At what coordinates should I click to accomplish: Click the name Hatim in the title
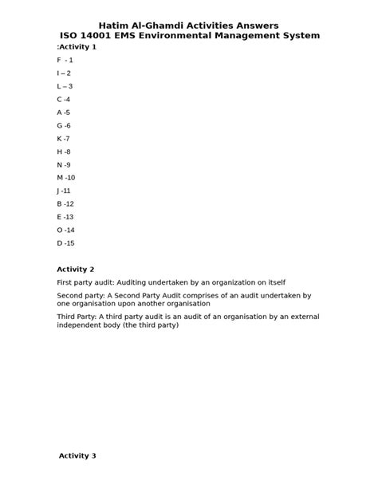point(114,26)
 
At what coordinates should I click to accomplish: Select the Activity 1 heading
point(77,47)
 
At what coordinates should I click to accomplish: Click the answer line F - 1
point(65,60)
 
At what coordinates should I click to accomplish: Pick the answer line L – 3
point(65,86)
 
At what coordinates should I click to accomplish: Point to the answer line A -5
point(64,112)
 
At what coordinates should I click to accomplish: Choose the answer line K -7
point(64,139)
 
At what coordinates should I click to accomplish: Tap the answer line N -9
point(64,165)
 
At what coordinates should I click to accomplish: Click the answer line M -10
point(65,178)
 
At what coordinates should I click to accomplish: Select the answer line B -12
point(65,204)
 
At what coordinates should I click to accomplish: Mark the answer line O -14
point(65,230)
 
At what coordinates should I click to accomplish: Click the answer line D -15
point(65,243)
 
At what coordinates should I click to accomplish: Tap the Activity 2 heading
point(76,270)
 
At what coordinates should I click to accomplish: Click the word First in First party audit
point(65,282)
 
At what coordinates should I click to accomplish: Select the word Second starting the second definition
point(70,295)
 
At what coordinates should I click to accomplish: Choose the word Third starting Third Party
point(67,317)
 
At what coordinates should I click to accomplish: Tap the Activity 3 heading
point(77,456)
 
